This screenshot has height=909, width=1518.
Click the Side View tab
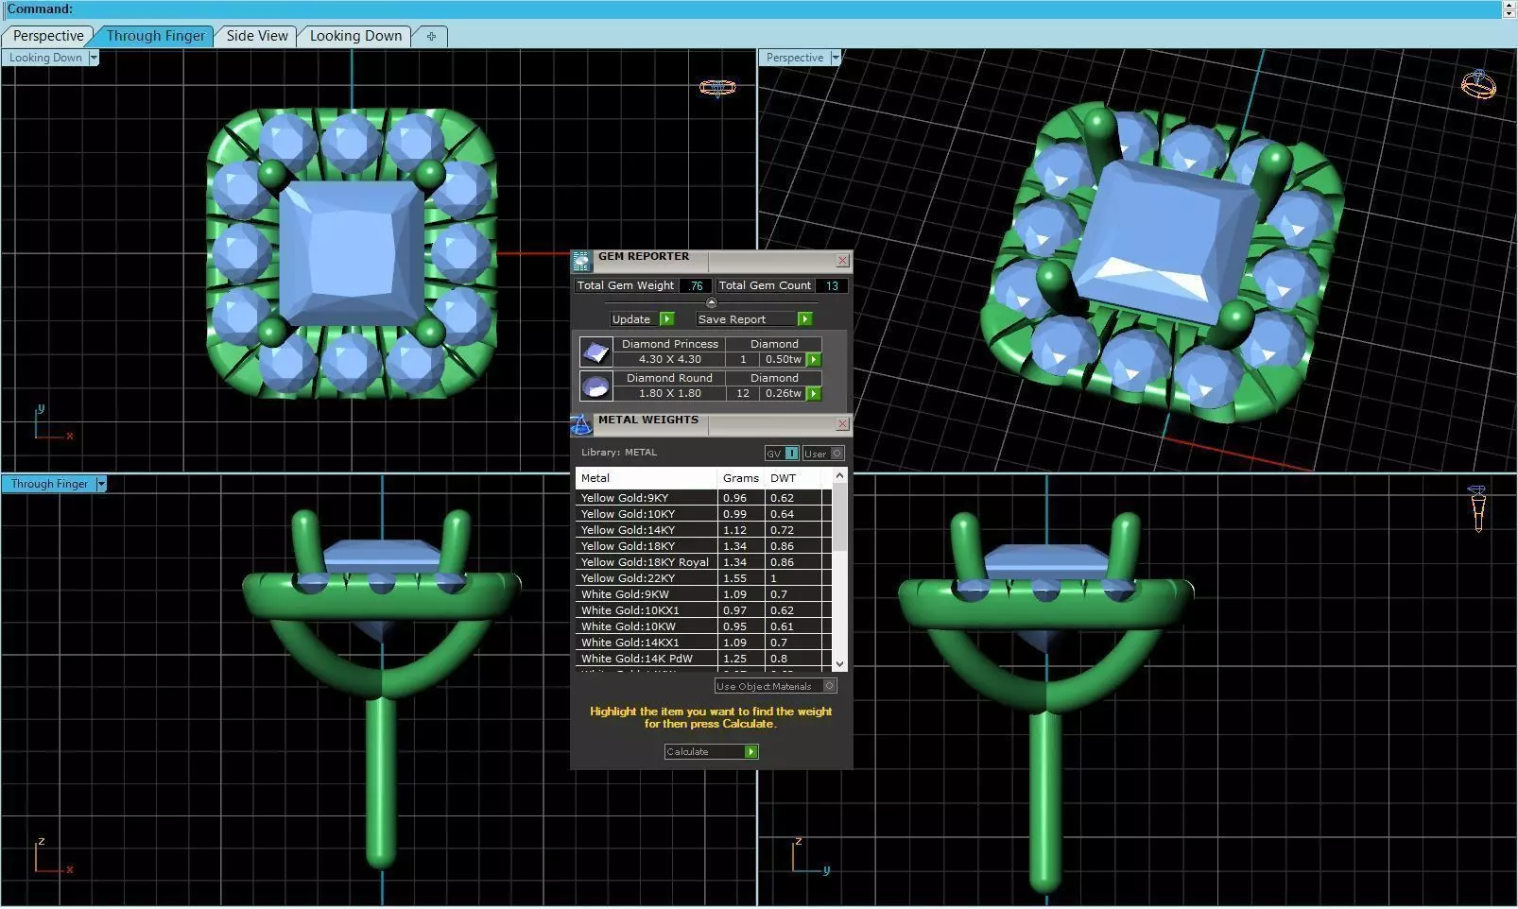point(256,36)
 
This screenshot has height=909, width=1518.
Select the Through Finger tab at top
point(155,36)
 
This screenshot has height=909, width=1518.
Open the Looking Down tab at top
point(355,36)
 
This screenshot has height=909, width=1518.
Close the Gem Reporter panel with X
point(842,260)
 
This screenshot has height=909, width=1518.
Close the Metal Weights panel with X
point(842,424)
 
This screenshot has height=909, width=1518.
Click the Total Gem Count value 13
point(832,285)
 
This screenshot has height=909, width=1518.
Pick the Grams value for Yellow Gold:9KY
point(734,498)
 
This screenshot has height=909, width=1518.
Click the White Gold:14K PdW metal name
point(636,659)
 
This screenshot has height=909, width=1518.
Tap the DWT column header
point(783,478)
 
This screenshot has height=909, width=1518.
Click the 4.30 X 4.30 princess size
point(669,360)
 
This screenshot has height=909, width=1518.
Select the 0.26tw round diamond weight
point(783,394)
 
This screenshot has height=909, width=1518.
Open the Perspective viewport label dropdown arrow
point(835,58)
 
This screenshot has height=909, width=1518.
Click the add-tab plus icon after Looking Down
point(431,36)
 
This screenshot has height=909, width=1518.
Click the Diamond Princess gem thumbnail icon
point(595,352)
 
